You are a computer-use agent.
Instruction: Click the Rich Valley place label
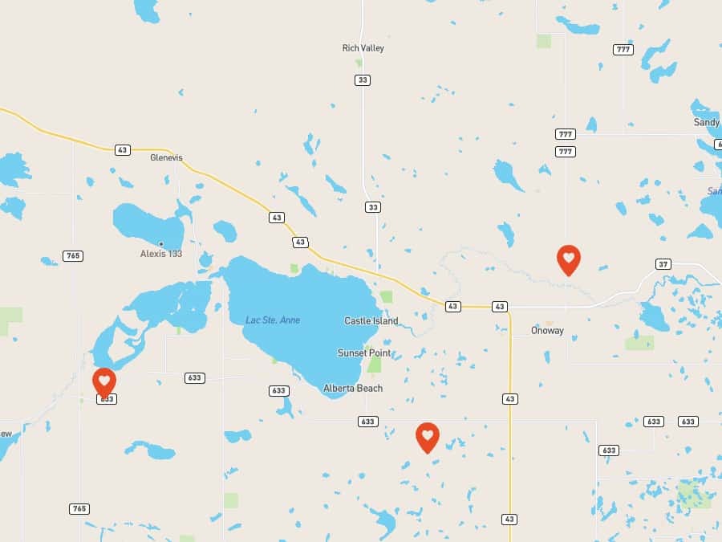[x=363, y=48]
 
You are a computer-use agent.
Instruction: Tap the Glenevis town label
[x=166, y=157]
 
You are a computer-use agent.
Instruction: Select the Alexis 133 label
[x=160, y=254]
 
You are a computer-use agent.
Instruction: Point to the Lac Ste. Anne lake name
[x=273, y=320]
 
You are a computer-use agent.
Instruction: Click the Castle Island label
[x=371, y=321]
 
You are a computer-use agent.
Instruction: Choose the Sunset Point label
[x=364, y=353]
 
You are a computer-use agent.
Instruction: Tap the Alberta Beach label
[x=353, y=389]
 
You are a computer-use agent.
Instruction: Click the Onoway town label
[x=547, y=331]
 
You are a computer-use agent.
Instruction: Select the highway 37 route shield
[x=663, y=264]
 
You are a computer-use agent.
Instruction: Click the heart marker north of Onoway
[x=568, y=259]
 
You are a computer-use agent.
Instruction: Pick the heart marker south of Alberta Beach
[x=428, y=436]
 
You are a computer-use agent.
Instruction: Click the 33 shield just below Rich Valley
[x=363, y=79]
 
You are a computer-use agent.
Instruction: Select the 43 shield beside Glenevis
[x=122, y=149]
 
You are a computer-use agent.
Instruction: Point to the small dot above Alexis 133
[x=160, y=244]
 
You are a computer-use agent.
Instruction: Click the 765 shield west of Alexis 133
[x=73, y=256]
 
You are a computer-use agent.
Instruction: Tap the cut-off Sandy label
[x=707, y=122]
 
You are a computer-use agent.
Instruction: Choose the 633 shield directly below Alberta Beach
[x=367, y=422]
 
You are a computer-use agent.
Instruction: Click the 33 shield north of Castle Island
[x=372, y=207]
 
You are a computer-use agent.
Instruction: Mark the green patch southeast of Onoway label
[x=639, y=343]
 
